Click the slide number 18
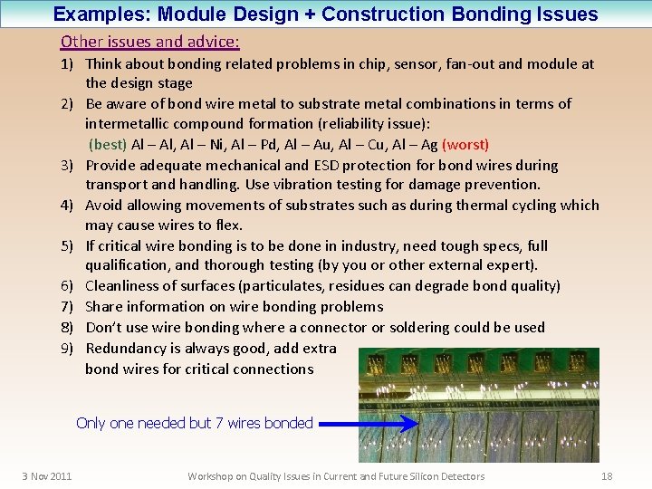coord(607,476)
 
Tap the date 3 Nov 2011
coord(47,476)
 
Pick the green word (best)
coord(108,144)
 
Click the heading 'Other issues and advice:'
coord(150,42)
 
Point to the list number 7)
coord(69,306)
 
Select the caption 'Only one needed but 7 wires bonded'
coord(195,423)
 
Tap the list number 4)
coord(69,205)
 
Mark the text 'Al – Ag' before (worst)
coord(416,144)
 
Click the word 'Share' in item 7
coord(103,306)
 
